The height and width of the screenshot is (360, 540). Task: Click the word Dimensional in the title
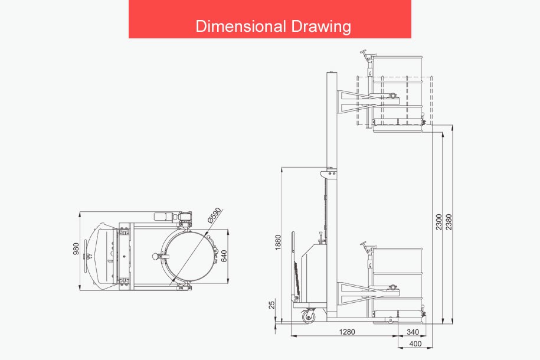241,26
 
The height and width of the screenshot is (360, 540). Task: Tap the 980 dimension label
76,248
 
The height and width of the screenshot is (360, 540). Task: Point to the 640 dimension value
224,256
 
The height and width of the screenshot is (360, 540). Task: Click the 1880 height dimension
279,243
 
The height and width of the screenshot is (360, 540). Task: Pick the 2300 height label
438,222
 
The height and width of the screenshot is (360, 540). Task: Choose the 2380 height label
449,222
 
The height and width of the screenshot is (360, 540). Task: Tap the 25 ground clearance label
272,305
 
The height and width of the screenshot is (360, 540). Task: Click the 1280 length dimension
347,332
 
